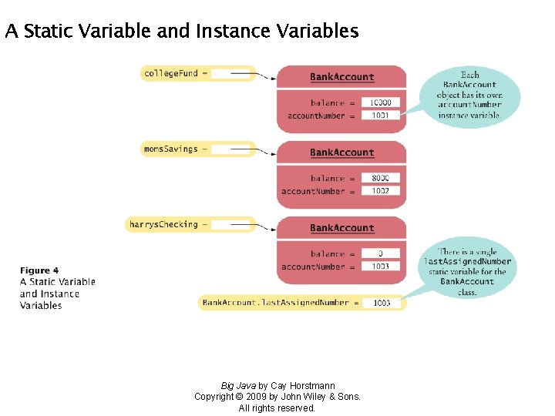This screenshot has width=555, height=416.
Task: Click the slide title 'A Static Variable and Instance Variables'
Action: point(181,32)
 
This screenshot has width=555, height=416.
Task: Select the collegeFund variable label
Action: point(171,74)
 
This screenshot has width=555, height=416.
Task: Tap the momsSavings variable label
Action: point(171,149)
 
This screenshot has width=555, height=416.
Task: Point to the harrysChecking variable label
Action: point(163,224)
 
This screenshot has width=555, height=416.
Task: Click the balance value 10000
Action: point(380,102)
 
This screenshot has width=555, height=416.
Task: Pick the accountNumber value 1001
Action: point(380,116)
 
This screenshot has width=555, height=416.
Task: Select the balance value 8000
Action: point(380,178)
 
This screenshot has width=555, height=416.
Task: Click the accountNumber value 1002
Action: point(380,191)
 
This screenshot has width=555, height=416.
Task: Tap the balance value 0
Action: point(380,253)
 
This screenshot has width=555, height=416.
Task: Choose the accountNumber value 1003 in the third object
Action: point(380,267)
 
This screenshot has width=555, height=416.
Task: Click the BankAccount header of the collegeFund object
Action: point(341,77)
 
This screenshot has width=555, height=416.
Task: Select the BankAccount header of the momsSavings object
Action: point(341,153)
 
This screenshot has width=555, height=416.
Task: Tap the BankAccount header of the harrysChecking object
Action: point(341,228)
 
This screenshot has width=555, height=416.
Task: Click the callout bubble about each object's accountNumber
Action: point(469,95)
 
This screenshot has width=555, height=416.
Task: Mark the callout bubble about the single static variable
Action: point(467,271)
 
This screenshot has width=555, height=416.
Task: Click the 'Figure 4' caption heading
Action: point(39,270)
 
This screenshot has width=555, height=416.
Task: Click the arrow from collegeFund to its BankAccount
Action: point(254,75)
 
